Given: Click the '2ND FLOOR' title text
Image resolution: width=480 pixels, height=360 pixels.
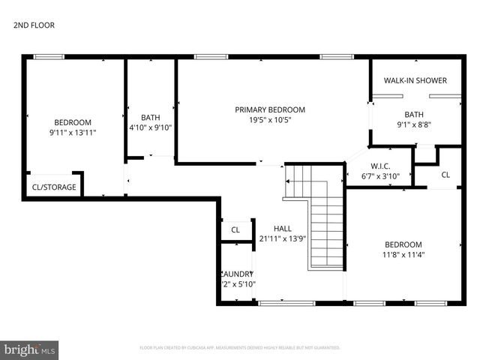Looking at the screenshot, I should (x=34, y=25).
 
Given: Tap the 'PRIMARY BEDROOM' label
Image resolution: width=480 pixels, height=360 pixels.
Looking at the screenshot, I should (x=270, y=109).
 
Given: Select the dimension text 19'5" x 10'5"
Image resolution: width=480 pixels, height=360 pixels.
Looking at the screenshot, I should (x=270, y=120).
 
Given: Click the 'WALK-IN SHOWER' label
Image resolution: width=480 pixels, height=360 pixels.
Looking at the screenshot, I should (x=415, y=80).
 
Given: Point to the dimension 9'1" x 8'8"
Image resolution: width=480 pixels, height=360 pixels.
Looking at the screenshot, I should (x=414, y=125).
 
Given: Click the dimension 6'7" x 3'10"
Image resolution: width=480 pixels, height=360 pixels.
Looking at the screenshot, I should (x=380, y=177).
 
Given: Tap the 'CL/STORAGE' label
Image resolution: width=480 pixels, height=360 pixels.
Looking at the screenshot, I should (x=53, y=187).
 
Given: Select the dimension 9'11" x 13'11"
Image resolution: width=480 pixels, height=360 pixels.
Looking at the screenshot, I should (x=72, y=133).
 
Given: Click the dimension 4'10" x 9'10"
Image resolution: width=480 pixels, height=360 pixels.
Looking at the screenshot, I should (x=151, y=127).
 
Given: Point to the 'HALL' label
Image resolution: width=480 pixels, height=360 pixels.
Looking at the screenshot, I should (x=282, y=229).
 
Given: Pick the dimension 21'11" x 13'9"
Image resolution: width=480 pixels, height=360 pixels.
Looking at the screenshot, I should (x=282, y=239).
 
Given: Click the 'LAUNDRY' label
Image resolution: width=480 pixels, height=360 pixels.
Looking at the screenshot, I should (x=237, y=274).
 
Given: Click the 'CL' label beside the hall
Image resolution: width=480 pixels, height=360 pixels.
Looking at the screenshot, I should (x=235, y=230).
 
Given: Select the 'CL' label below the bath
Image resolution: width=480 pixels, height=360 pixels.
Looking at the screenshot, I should (x=445, y=175).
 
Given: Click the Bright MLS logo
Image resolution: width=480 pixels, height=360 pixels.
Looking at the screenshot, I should (x=30, y=349).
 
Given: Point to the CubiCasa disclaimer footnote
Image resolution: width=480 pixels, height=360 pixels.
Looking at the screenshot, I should (x=240, y=348).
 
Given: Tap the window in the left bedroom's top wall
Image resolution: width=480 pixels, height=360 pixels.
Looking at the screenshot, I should (x=49, y=56).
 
